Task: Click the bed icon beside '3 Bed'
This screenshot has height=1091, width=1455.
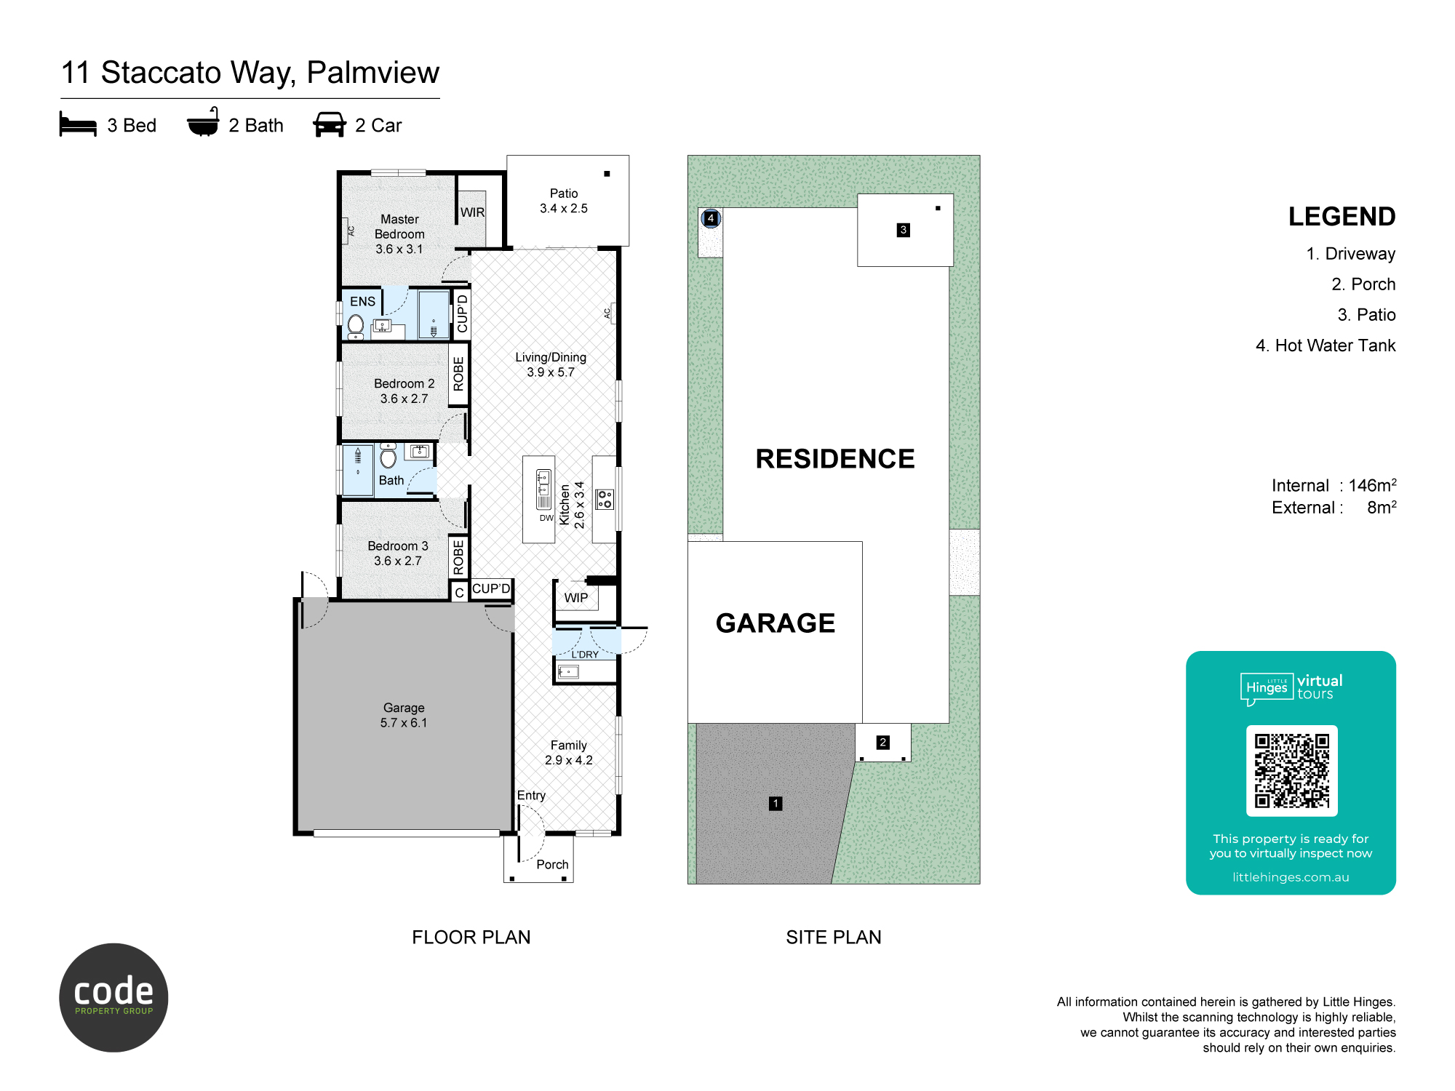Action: click(78, 124)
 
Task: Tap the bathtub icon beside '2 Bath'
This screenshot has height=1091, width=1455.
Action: click(203, 122)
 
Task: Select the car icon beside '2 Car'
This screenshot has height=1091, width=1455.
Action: click(330, 124)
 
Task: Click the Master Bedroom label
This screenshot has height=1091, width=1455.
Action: click(399, 226)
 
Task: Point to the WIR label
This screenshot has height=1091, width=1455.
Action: click(472, 212)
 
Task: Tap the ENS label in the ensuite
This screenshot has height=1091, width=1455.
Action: click(362, 301)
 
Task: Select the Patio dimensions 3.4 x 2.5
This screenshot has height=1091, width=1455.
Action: click(564, 208)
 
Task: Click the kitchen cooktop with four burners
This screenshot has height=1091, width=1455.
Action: click(605, 499)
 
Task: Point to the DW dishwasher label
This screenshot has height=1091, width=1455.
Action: click(546, 518)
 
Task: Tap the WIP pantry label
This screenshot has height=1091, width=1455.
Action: click(576, 598)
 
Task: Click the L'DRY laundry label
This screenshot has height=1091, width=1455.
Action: click(585, 655)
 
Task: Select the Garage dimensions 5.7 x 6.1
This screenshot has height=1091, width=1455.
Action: click(404, 723)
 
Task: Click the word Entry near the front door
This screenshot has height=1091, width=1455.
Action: click(531, 795)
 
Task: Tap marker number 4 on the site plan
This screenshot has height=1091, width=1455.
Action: click(711, 218)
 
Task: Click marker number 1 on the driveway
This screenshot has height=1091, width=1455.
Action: click(776, 803)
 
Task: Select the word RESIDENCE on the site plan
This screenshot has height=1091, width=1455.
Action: click(835, 459)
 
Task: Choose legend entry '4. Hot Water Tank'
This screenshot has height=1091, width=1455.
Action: click(1326, 345)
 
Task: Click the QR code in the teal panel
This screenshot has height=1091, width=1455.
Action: click(1292, 771)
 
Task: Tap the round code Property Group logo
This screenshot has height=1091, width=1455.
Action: click(113, 998)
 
